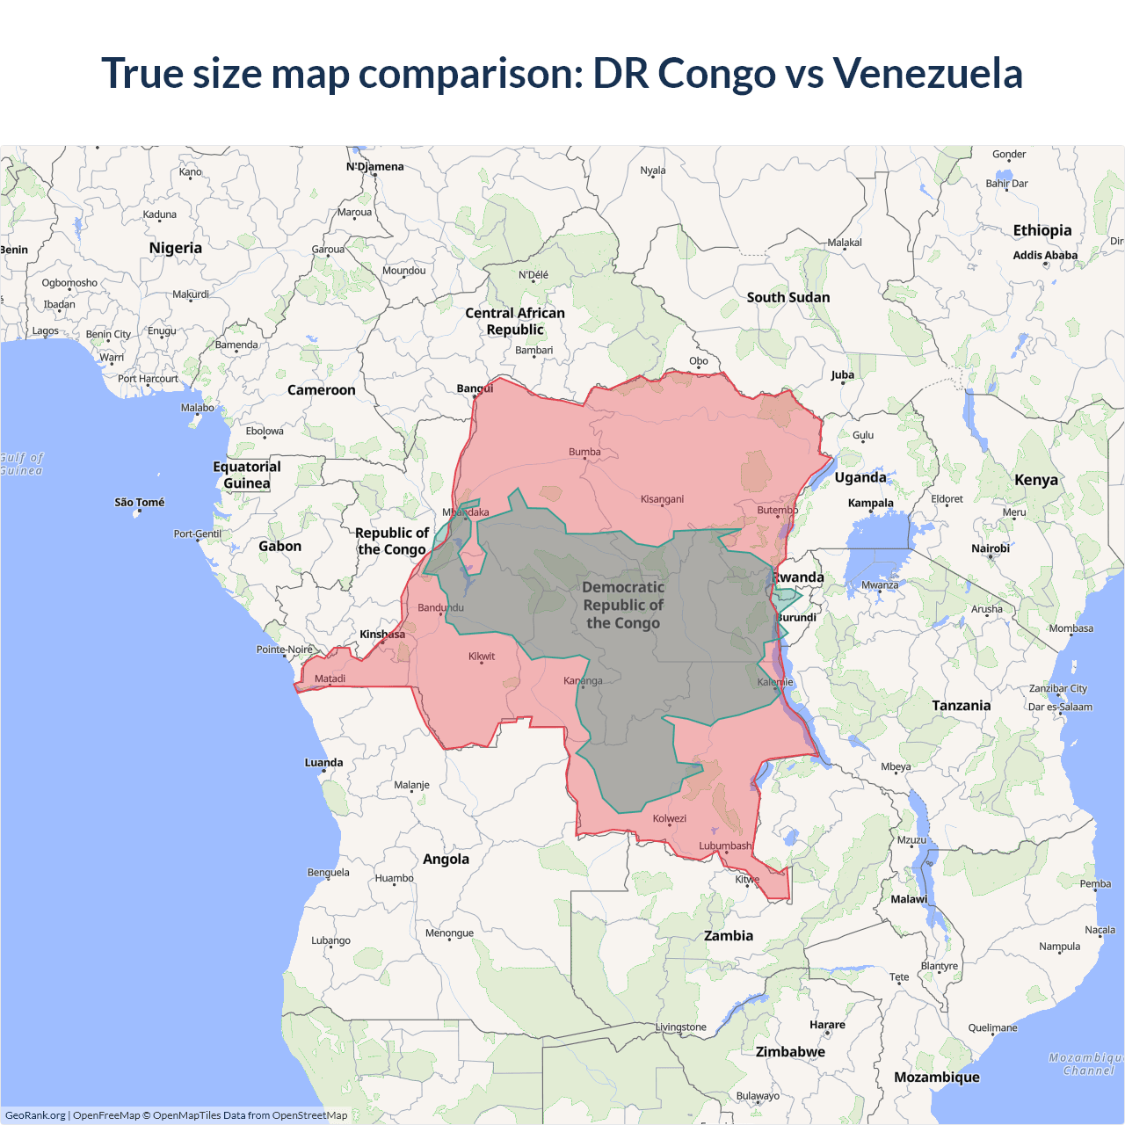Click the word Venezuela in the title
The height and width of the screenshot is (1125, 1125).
(x=927, y=73)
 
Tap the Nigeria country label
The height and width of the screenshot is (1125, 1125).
(x=176, y=248)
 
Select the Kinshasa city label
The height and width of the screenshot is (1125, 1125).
(x=382, y=634)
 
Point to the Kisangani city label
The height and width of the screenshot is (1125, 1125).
(x=662, y=499)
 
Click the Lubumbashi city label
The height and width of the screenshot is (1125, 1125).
(x=725, y=846)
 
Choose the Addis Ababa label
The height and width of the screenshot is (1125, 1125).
(x=1045, y=255)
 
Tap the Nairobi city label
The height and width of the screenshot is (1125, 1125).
(x=991, y=548)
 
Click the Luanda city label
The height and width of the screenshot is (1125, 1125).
(x=323, y=762)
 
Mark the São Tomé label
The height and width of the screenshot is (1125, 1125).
(x=140, y=502)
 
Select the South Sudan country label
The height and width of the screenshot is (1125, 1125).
(x=788, y=297)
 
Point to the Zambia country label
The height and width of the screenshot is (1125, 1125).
(x=729, y=936)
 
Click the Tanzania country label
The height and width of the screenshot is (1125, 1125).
(x=961, y=705)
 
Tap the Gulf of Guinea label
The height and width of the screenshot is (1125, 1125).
(x=21, y=464)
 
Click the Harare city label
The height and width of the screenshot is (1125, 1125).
(x=827, y=1024)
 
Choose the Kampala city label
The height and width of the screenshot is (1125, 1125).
(x=870, y=503)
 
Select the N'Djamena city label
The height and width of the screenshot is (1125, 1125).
(x=375, y=166)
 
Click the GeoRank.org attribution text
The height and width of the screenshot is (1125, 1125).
(x=35, y=1115)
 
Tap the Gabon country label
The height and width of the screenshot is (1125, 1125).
(x=279, y=546)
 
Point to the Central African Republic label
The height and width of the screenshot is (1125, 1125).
(x=515, y=321)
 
